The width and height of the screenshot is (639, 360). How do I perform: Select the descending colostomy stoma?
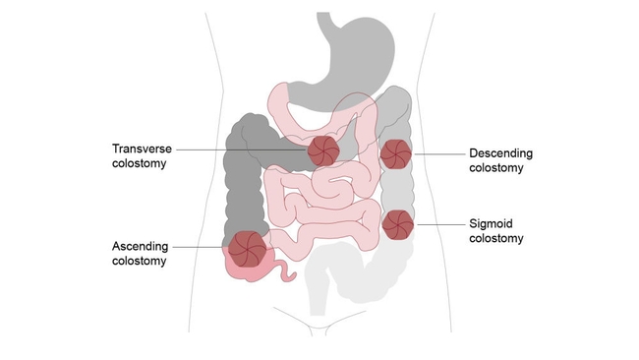[395, 153]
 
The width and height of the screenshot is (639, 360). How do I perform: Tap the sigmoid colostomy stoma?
[397, 225]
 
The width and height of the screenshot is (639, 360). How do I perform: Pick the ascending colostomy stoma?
[247, 247]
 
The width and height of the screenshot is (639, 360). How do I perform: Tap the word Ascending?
[139, 246]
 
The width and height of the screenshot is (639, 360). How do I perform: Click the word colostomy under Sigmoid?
[496, 238]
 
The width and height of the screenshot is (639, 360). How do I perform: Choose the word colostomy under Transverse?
[139, 163]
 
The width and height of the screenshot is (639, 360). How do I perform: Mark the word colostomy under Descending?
[496, 168]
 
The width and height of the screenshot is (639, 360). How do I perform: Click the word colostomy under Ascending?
[139, 261]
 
